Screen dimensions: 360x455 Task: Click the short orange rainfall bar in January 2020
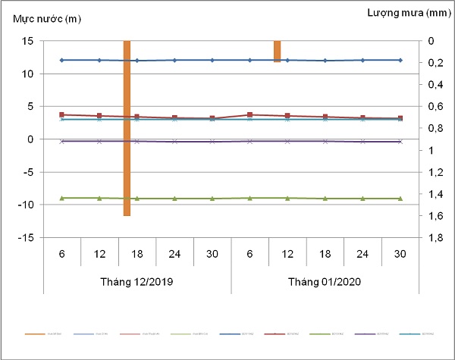[x=278, y=51]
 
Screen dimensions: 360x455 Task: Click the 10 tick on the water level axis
[x=27, y=74]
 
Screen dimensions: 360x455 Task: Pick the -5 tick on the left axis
[x=27, y=172]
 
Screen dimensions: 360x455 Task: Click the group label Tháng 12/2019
[x=137, y=282]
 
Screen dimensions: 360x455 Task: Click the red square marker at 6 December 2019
[x=62, y=114]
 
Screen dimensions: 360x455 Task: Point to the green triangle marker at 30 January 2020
[x=400, y=199]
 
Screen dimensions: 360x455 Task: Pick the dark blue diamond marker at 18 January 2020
[x=325, y=61]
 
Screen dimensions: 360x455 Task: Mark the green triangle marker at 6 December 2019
[x=62, y=198]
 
